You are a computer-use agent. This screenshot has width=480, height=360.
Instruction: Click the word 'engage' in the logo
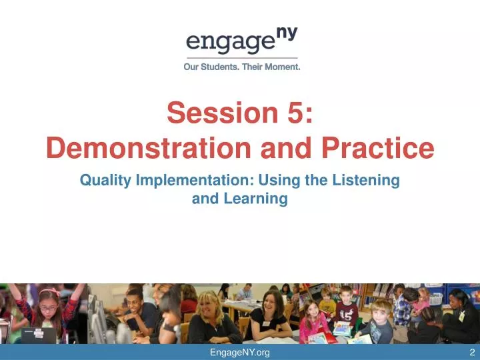(225, 43)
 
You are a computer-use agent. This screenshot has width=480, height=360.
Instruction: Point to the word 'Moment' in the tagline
(281, 67)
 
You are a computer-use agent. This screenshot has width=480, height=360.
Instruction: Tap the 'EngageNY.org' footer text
(239, 353)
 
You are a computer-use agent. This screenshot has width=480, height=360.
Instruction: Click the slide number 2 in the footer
(471, 353)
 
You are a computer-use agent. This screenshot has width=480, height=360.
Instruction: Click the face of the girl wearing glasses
(49, 298)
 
